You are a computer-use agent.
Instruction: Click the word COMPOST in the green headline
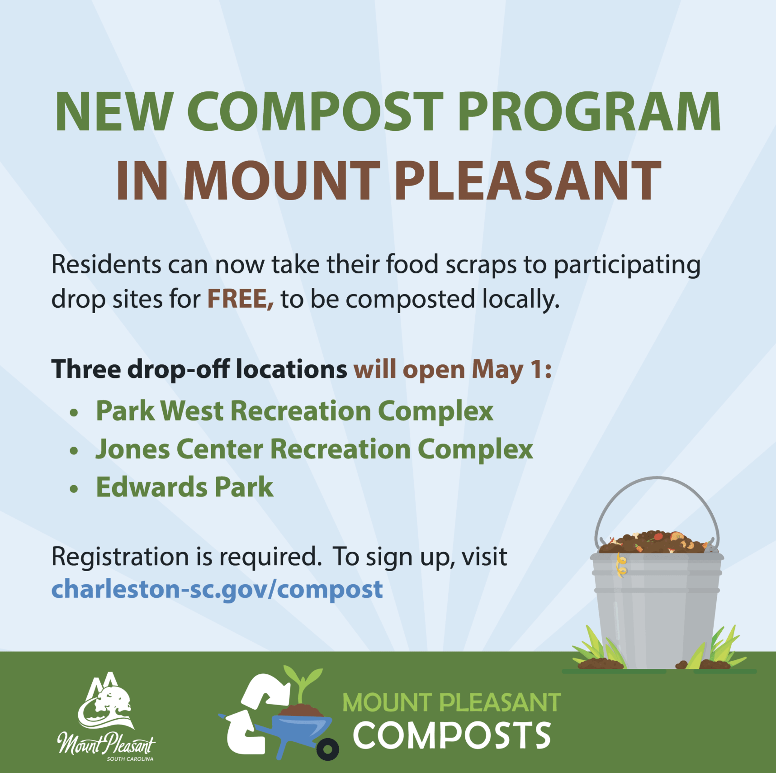click(315, 112)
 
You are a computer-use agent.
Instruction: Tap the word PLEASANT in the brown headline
click(528, 181)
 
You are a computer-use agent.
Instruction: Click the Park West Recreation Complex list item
click(294, 411)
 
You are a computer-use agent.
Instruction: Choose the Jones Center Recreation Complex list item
click(314, 449)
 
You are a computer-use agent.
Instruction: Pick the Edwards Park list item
click(185, 487)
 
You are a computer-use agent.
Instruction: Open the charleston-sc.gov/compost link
click(217, 589)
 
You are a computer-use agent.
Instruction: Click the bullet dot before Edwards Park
click(74, 489)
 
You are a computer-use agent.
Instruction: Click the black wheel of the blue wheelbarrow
click(328, 749)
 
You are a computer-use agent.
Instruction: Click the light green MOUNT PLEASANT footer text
click(452, 702)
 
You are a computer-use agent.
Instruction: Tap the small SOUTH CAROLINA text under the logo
click(130, 759)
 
